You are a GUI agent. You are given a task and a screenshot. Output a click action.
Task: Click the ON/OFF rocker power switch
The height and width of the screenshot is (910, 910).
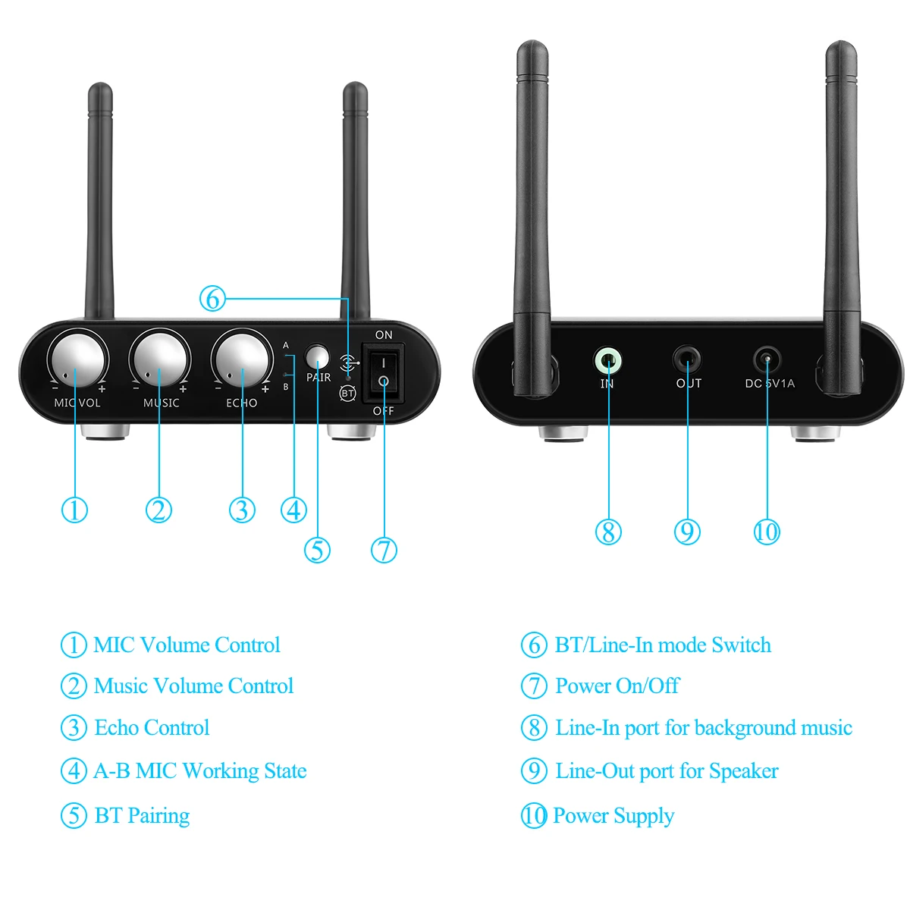383,373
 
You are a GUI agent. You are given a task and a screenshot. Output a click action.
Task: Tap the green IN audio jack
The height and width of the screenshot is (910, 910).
607,361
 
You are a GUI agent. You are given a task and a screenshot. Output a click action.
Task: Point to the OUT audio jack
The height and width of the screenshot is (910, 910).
687,360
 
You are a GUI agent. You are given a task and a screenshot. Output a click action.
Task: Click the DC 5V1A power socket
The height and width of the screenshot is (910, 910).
767,360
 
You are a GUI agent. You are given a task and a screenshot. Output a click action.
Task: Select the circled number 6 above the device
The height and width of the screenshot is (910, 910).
212,299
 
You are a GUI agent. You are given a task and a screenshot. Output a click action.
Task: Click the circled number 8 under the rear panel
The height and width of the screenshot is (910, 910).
607,532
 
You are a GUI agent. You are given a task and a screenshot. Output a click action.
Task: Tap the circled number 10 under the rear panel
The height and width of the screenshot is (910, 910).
767,532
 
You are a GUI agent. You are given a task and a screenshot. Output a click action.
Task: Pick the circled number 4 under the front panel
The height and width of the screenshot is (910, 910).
293,510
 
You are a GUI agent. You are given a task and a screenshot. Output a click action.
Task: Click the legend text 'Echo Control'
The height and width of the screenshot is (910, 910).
152,728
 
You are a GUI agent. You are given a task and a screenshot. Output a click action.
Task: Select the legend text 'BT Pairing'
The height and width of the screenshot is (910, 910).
142,815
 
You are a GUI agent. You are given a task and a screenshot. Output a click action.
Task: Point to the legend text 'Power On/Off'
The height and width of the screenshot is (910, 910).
617,686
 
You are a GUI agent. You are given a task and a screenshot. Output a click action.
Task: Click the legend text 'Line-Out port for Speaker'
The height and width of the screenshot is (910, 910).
667,771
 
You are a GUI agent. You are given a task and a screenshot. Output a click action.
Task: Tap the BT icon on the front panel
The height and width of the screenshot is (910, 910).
347,394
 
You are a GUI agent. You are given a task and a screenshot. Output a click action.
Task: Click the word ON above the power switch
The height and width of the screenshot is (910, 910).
384,335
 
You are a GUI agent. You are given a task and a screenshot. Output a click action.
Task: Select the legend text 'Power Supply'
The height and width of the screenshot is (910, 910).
613,815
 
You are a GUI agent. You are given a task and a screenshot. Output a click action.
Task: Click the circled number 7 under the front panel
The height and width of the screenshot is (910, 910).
384,550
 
